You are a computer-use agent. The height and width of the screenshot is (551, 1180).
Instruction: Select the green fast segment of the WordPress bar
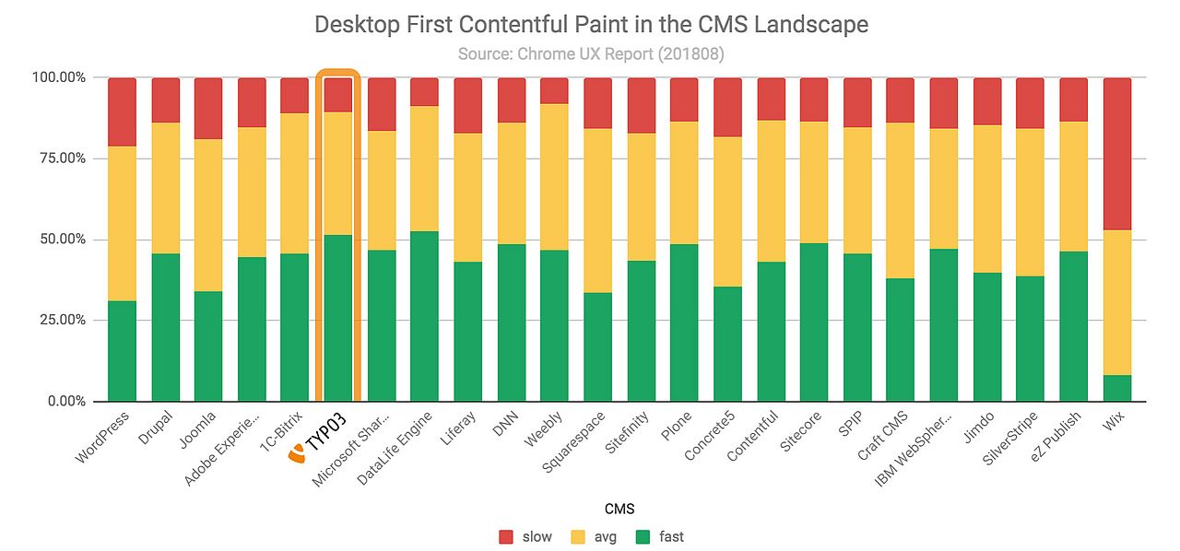(x=122, y=351)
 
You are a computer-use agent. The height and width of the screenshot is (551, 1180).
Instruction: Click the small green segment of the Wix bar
(x=1116, y=388)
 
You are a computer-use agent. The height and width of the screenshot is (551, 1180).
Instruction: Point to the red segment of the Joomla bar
(x=208, y=109)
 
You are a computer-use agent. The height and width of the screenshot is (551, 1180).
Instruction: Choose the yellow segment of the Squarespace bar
(x=597, y=210)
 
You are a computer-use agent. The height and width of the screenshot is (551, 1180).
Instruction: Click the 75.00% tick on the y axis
(x=59, y=158)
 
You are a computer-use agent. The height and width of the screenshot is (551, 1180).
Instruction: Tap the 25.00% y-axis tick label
(x=59, y=321)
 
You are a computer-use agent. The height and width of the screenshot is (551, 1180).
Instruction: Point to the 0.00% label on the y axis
(x=63, y=402)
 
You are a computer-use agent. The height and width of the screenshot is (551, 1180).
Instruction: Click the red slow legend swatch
(x=506, y=536)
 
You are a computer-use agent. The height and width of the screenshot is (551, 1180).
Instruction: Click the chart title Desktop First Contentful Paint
(x=591, y=24)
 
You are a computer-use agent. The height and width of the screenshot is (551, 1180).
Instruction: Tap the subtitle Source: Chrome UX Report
(x=591, y=54)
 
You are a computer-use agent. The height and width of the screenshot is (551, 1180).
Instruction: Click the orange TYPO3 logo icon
(x=297, y=453)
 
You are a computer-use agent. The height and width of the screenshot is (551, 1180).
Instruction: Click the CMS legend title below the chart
(x=591, y=509)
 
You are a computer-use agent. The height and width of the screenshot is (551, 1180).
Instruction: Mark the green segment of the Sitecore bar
(x=814, y=322)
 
